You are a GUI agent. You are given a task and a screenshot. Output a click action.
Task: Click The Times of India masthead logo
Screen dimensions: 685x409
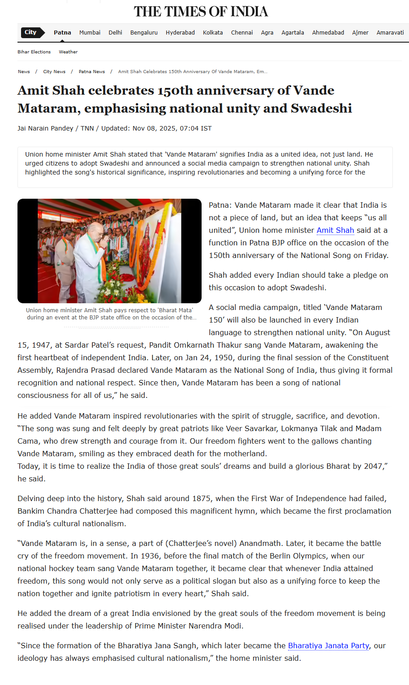pos(201,12)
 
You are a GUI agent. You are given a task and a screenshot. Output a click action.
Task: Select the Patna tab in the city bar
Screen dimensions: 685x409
pos(62,33)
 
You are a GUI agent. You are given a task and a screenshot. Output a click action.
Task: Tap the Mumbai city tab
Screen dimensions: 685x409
pos(90,33)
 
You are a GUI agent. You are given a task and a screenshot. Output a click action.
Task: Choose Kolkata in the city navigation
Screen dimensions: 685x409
pos(213,33)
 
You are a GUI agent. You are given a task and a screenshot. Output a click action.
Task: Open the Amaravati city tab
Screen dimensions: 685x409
pos(390,33)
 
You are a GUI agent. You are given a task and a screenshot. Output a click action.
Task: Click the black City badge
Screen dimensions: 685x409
pos(31,32)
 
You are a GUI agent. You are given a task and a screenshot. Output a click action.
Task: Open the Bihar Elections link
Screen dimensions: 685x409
pos(34,52)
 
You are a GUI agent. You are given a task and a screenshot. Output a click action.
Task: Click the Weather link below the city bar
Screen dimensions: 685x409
pos(68,52)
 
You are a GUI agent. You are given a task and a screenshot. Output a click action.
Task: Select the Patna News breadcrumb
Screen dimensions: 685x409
pos(92,72)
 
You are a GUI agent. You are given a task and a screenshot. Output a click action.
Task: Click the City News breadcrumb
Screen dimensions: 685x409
pos(54,72)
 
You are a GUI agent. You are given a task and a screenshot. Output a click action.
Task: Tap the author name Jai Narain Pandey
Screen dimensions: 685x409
pos(45,128)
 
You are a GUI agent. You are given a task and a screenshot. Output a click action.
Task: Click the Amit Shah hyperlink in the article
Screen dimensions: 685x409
pos(335,230)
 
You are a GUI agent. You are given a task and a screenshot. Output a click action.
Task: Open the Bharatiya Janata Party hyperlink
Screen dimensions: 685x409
pos(328,646)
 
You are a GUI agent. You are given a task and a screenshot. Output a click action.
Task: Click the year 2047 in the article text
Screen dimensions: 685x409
pos(373,466)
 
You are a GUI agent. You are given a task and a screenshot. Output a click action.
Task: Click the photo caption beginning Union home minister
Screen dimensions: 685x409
pos(110,314)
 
